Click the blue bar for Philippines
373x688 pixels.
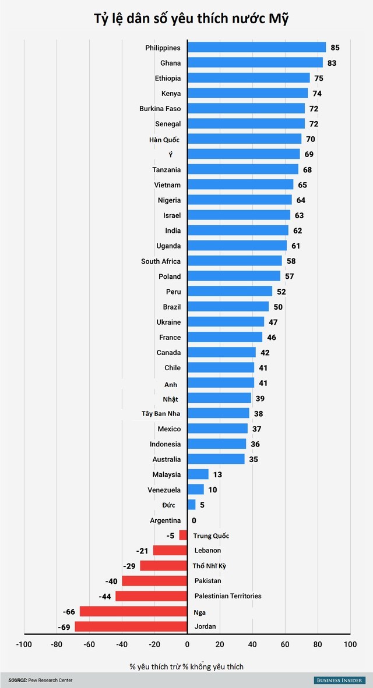pyautogui.click(x=256, y=48)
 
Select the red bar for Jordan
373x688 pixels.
pyautogui.click(x=131, y=626)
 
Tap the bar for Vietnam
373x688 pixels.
pyautogui.click(x=240, y=185)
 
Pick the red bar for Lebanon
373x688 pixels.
pyautogui.click(x=170, y=550)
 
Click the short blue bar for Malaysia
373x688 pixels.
pyautogui.click(x=198, y=474)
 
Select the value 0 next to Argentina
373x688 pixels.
pyautogui.click(x=194, y=520)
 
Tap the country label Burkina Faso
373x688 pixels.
pyautogui.click(x=160, y=109)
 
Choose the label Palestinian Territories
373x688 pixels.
pyautogui.click(x=227, y=596)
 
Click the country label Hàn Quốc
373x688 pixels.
pyautogui.click(x=164, y=140)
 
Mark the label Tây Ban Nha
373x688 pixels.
pyautogui.click(x=161, y=414)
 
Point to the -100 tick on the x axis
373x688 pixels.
pyautogui.click(x=24, y=644)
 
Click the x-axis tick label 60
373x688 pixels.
pyautogui.click(x=284, y=644)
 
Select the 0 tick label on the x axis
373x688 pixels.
pyautogui.click(x=188, y=644)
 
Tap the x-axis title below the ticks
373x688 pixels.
pyautogui.click(x=187, y=666)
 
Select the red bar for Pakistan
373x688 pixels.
pyautogui.click(x=154, y=581)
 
